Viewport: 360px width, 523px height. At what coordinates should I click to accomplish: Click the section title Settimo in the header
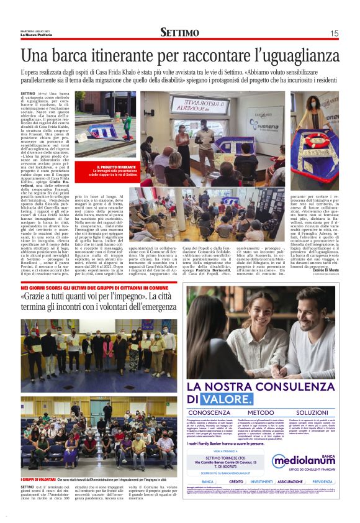180,32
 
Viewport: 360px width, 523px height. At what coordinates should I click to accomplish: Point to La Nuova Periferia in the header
35,35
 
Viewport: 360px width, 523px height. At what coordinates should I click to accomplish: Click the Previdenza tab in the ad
322,481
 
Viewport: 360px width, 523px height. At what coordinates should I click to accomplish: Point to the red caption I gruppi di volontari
37,480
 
